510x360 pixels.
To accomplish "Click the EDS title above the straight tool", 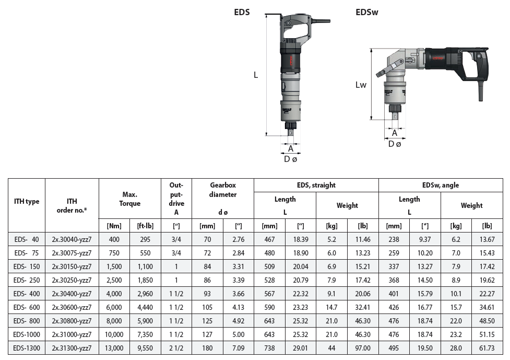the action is pyautogui.click(x=242, y=12).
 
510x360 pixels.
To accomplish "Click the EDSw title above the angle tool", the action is pyautogui.click(x=367, y=12).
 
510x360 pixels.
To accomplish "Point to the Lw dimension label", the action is pyautogui.click(x=361, y=85).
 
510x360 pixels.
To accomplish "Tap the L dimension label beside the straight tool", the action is pyautogui.click(x=256, y=75).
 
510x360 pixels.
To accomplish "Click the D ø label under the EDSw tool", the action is pyautogui.click(x=395, y=144).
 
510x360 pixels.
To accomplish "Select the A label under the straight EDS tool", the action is pyautogui.click(x=291, y=148).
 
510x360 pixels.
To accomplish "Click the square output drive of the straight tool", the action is pyautogui.click(x=290, y=133).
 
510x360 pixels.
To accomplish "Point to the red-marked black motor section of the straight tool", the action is pyautogui.click(x=290, y=61).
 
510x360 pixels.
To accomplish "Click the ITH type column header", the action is pyautogui.click(x=27, y=201).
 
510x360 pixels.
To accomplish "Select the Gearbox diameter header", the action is pyautogui.click(x=223, y=190).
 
